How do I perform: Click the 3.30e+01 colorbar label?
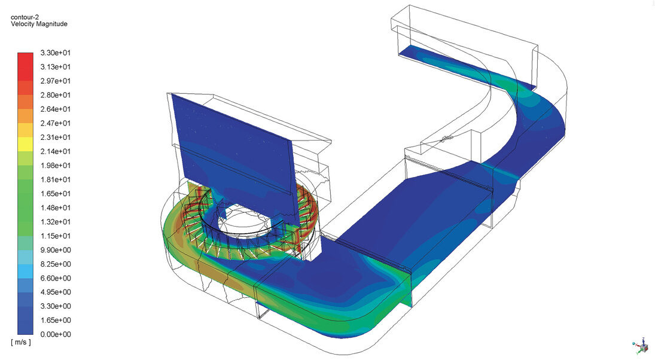tap(56, 53)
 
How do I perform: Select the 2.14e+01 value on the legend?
tap(56, 151)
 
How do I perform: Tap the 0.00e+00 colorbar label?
tap(56, 334)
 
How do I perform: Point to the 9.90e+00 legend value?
tap(56, 250)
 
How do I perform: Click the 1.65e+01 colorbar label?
tap(56, 193)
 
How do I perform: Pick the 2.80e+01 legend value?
tap(56, 95)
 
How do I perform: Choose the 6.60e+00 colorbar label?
tap(56, 277)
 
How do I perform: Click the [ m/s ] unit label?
tap(21, 343)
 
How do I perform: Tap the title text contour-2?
tap(25, 17)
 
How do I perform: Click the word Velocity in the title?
tap(22, 24)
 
